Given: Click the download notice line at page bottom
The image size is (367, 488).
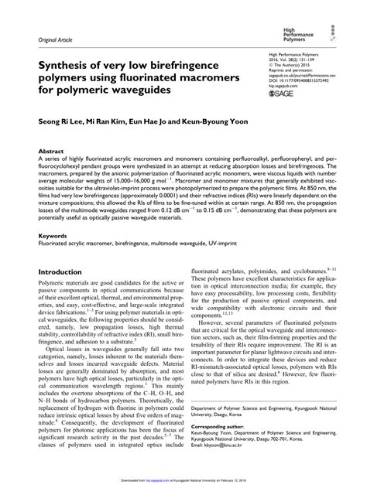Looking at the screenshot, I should pyautogui.click(x=183, y=479).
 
